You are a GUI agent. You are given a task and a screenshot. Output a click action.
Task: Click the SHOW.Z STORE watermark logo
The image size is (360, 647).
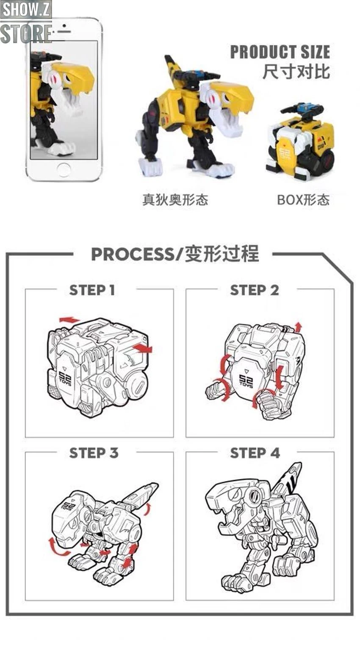[26, 22]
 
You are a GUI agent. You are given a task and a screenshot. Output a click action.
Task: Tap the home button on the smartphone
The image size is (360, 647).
[64, 170]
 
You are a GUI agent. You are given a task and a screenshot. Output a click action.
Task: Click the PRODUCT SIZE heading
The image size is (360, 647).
[280, 52]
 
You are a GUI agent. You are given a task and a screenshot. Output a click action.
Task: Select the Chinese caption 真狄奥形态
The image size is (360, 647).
[175, 199]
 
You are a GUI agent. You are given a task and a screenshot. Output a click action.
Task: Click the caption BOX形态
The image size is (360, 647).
[303, 199]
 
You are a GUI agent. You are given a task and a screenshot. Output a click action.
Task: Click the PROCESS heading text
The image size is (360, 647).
[174, 254]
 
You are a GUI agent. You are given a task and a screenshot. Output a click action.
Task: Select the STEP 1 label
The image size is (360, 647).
[92, 290]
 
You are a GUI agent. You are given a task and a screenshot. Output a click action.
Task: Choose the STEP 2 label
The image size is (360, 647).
[254, 290]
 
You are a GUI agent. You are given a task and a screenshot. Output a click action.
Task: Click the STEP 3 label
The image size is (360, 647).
[94, 453]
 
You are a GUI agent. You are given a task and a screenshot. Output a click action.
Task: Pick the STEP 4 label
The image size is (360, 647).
[255, 453]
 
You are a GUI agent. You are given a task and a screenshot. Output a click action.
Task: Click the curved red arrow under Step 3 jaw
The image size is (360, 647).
[58, 548]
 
